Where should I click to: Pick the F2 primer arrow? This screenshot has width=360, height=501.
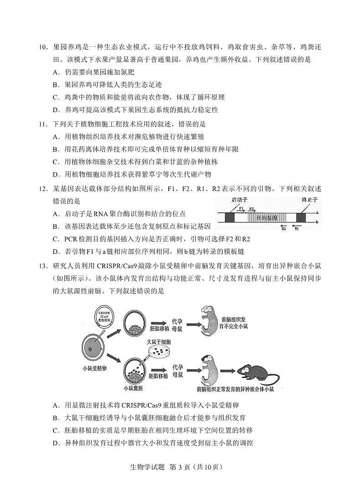252,210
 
